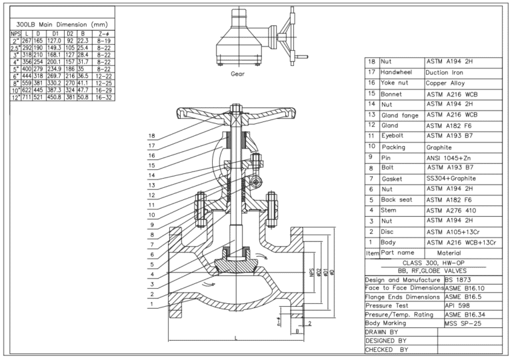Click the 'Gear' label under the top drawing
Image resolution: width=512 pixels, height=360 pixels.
click(237, 74)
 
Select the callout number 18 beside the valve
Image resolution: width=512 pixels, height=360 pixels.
click(152, 137)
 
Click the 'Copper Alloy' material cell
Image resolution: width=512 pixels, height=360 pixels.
click(445, 83)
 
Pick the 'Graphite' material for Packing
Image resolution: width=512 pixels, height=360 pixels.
click(440, 147)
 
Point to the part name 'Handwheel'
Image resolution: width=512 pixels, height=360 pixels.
click(397, 73)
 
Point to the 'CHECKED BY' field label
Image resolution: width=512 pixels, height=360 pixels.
click(386, 349)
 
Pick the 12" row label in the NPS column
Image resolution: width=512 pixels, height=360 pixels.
click(15, 97)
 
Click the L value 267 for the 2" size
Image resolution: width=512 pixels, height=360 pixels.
click(28, 40)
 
